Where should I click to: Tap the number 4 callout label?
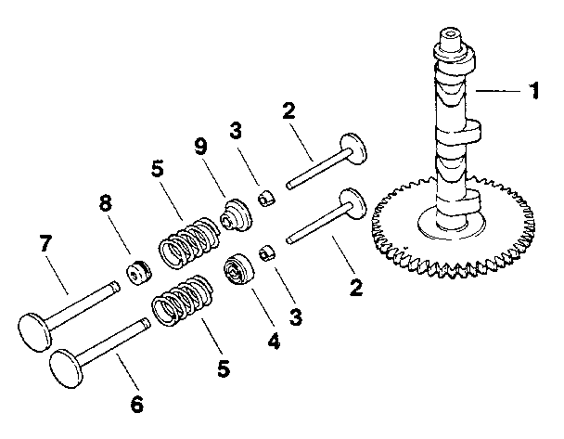click(274, 341)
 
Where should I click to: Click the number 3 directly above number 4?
click(295, 316)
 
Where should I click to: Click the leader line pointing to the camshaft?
click(497, 91)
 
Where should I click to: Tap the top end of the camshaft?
click(450, 37)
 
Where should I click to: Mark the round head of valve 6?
click(70, 361)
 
